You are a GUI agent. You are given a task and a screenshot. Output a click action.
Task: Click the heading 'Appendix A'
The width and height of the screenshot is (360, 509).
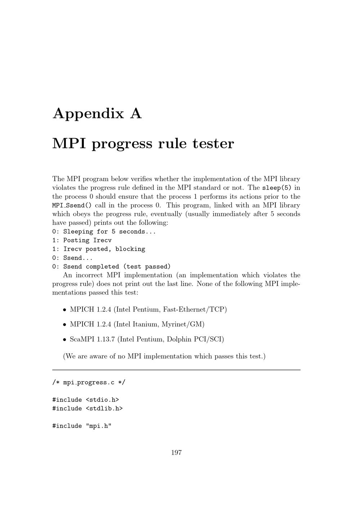[97, 114]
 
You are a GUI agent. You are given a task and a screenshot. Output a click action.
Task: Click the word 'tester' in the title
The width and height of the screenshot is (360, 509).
[213, 144]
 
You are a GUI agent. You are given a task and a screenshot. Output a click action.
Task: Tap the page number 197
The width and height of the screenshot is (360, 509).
[176, 453]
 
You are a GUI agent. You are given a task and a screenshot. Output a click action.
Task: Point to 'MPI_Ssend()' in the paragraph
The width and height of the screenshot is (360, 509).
[72, 205]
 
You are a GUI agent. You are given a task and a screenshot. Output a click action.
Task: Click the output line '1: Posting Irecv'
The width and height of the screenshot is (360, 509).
[82, 240]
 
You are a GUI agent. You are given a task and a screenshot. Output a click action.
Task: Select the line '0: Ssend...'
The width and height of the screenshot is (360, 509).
[73, 258]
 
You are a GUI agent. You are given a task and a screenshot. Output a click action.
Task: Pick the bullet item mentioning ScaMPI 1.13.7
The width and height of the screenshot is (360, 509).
[147, 339]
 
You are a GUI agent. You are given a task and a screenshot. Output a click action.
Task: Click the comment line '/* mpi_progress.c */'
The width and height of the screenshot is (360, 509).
[89, 383]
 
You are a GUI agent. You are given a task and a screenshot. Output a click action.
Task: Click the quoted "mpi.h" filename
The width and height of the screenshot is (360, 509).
[99, 426]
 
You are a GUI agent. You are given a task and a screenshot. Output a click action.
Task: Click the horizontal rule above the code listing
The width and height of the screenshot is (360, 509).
[176, 370]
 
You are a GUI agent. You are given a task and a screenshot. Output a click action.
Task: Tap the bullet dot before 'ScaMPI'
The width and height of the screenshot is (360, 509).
[64, 340]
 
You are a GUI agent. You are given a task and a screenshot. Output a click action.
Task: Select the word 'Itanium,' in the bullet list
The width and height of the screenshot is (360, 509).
[146, 324]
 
